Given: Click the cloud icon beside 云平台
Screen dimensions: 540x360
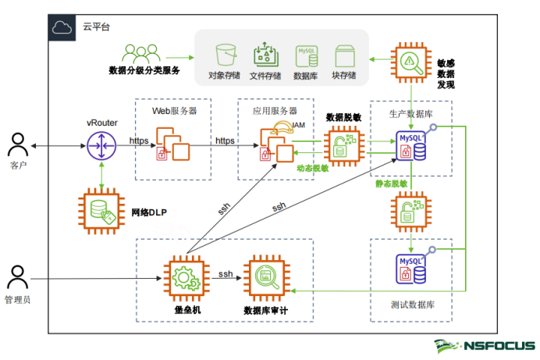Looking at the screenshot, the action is pos(62,27).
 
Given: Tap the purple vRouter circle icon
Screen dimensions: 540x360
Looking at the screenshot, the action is pos(101,146).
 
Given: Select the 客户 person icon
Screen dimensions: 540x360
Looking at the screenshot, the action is pos(18,144).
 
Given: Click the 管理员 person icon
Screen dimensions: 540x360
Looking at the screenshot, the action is pos(17,277).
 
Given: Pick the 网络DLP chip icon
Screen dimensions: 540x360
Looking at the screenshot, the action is pos(101,211).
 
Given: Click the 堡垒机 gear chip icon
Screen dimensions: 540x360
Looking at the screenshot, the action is pos(187,278).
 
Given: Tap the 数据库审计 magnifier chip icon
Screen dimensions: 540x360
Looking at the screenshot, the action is pos(267,278).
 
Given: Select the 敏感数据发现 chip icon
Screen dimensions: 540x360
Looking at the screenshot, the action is pos(411,62).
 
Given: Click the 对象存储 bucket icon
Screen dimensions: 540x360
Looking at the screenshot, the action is pos(226,55).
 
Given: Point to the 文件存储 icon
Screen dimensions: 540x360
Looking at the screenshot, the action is pos(265,55).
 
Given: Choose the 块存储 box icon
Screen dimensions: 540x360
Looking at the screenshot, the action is pos(345,55).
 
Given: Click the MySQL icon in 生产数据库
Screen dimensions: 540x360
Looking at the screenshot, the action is pos(411,146).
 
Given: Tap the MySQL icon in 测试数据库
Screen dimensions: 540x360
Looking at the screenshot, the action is pos(411,269).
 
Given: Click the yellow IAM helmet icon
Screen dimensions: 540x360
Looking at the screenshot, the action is pos(282,127).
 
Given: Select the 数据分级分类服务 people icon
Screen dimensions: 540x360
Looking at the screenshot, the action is pos(141,54).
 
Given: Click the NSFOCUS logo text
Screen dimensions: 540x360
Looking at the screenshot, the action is pos(499,345).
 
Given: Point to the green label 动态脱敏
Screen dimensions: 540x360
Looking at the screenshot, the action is pos(313,168).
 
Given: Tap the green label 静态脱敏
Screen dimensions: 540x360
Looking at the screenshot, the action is pos(391,184).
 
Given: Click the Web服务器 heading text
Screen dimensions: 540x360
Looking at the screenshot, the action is pos(174,111).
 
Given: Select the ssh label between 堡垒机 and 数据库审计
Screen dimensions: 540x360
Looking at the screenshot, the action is pos(226,274).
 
